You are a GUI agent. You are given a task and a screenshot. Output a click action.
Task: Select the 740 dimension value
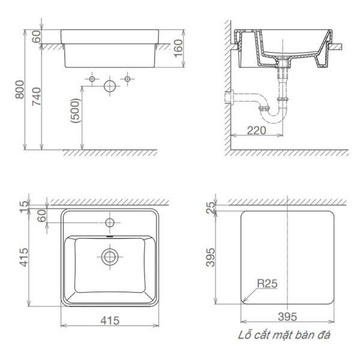pos(35,96)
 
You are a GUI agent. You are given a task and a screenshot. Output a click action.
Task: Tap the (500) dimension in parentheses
pos(74,111)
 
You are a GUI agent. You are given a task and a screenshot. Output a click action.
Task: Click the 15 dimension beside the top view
pos(25,206)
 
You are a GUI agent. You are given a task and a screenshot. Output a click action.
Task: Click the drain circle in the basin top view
pos(109,257)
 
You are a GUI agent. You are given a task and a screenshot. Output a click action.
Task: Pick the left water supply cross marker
pos(92,79)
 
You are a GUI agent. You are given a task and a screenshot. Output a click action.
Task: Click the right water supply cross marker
pos(127,79)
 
